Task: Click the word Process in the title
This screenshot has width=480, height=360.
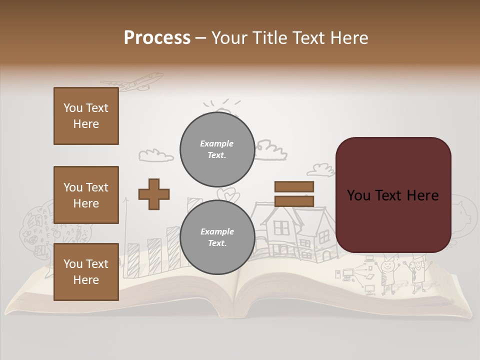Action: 157,37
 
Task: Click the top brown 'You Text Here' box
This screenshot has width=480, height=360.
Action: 86,116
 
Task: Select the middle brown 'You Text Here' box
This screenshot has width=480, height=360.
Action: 86,195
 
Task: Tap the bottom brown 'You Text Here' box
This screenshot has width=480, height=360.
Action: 86,272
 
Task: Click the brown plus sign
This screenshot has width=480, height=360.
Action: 154,194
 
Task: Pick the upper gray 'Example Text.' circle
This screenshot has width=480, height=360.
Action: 217,149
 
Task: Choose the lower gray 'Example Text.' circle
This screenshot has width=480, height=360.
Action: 217,237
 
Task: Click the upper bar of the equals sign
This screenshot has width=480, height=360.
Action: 294,187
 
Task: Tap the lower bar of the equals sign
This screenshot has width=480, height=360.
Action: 294,201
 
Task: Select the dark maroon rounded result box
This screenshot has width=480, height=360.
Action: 393,195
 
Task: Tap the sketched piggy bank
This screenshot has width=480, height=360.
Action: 462,210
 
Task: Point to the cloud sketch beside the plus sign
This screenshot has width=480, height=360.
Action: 156,155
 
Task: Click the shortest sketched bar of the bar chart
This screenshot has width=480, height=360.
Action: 133,260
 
